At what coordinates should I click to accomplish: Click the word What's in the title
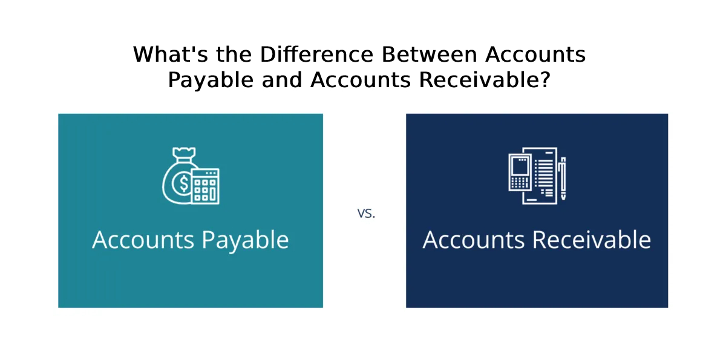[x=171, y=54]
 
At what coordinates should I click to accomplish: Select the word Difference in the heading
[x=317, y=54]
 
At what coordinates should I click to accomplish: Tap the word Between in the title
[x=430, y=54]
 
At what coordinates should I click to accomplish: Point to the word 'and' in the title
[x=282, y=80]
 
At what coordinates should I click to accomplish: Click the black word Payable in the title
[x=211, y=80]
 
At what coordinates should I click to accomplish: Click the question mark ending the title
[x=546, y=80]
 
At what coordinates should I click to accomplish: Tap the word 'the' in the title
[x=234, y=54]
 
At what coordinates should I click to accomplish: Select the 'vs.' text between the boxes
[x=366, y=214]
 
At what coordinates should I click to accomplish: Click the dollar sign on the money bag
[x=184, y=183]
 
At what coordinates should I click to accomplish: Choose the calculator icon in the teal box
[x=205, y=186]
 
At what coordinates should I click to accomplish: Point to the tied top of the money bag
[x=184, y=154]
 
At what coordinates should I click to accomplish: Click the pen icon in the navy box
[x=562, y=178]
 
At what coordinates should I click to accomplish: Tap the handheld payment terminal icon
[x=520, y=172]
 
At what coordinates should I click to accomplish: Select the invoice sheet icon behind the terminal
[x=544, y=176]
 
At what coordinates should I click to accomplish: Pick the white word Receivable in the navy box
[x=592, y=240]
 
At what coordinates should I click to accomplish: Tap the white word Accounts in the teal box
[x=143, y=240]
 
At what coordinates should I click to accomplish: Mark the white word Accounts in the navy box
[x=474, y=240]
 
